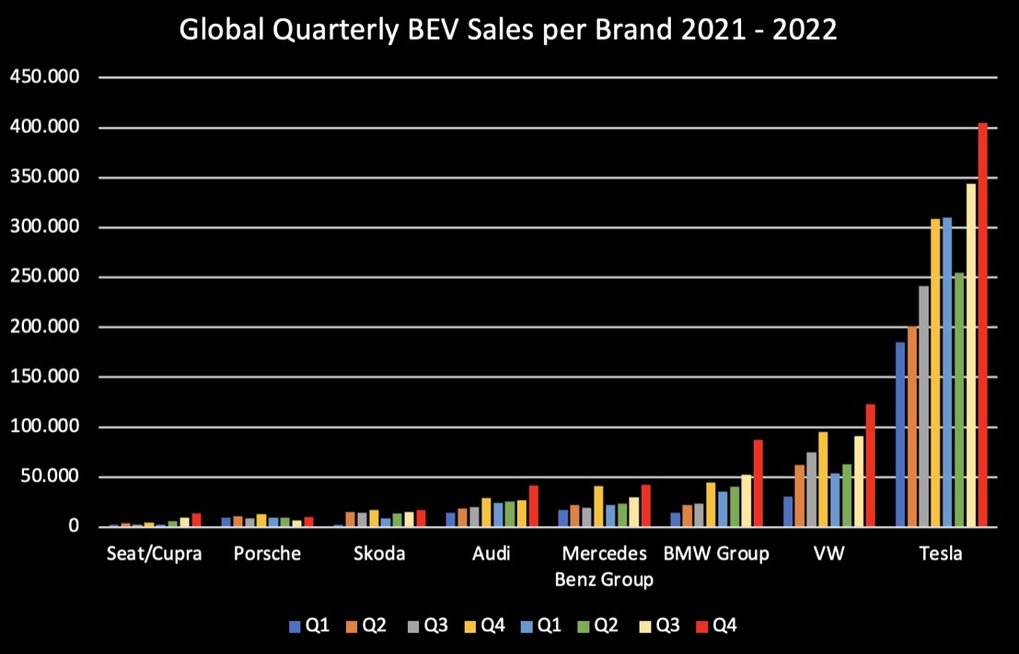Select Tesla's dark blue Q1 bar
pyautogui.click(x=900, y=434)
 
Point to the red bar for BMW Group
pyautogui.click(x=758, y=483)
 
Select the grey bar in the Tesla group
pyautogui.click(x=924, y=406)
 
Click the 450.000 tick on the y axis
pyautogui.click(x=44, y=77)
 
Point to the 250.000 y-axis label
pyautogui.click(x=44, y=277)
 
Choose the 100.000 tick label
pyautogui.click(x=44, y=427)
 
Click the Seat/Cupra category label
pyautogui.click(x=154, y=554)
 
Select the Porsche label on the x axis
pyautogui.click(x=267, y=554)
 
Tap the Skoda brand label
pyautogui.click(x=379, y=554)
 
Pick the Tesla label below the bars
pyautogui.click(x=940, y=554)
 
